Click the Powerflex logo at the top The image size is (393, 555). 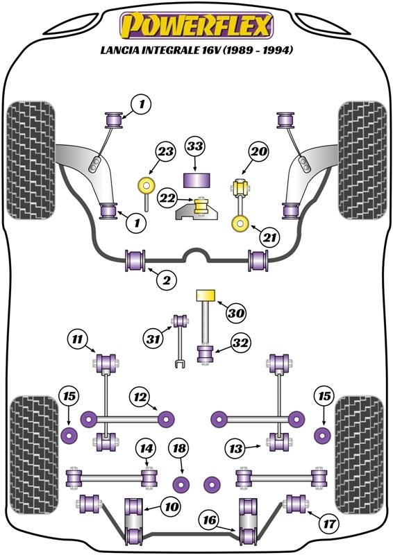[x=196, y=26]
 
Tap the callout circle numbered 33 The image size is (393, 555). [x=195, y=146]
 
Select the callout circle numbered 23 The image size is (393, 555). [x=165, y=151]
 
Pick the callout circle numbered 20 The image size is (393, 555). [x=258, y=151]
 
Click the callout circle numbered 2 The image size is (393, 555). [x=167, y=280]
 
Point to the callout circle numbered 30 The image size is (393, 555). [x=236, y=313]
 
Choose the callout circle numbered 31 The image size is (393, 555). [x=153, y=339]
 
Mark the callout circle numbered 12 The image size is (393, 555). [x=140, y=397]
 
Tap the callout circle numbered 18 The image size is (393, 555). [x=179, y=448]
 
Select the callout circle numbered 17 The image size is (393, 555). [x=329, y=523]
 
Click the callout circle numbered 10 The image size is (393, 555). [x=171, y=507]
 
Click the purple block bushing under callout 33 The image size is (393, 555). [x=196, y=180]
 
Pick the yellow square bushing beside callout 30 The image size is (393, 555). [x=206, y=295]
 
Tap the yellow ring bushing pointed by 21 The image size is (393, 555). [x=240, y=224]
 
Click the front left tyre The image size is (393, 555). [x=31, y=160]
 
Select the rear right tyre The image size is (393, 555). [x=358, y=455]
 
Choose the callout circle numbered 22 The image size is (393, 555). [x=167, y=198]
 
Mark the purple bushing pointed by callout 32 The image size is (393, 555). [x=205, y=355]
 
